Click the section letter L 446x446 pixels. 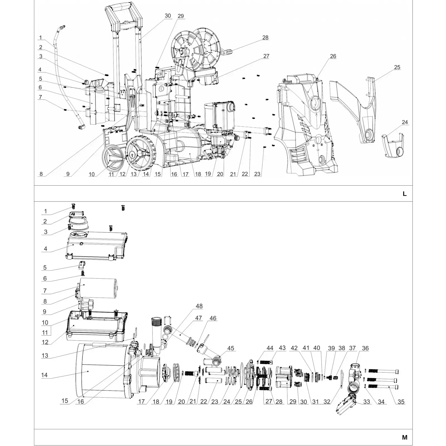coord(404,194)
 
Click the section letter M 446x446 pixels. coord(405,437)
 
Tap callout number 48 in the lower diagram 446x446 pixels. coord(199,306)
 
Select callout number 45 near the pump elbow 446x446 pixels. coord(231,348)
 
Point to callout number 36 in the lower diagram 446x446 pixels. coord(365,348)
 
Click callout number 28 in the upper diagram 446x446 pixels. coord(265,37)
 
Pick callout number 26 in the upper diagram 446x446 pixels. coord(333,56)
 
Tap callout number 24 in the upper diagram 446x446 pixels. coord(405,122)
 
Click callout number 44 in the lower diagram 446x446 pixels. coord(270,348)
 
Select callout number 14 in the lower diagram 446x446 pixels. coord(44,375)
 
